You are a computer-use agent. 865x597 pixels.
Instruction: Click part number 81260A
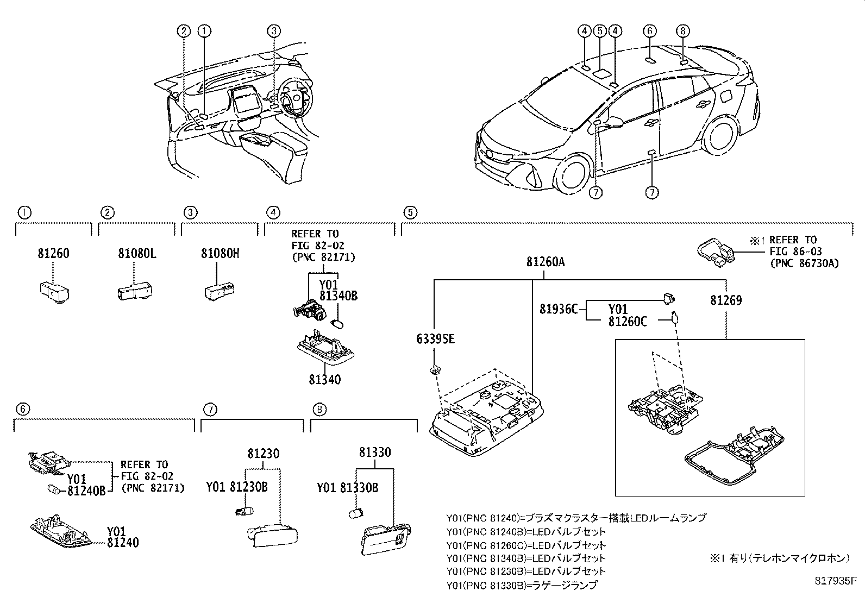click(x=546, y=262)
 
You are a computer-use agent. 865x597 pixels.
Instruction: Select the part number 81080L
click(x=137, y=254)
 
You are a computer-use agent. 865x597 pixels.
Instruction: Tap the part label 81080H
click(x=220, y=254)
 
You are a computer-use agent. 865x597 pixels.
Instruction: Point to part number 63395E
click(x=435, y=339)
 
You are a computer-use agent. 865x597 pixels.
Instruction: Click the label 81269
click(x=726, y=300)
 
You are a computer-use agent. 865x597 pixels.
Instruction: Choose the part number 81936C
click(x=559, y=309)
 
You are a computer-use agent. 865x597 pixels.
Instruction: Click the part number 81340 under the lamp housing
click(x=325, y=380)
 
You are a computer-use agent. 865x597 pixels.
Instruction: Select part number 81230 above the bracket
click(x=264, y=454)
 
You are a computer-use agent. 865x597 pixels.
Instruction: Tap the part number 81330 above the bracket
click(x=375, y=452)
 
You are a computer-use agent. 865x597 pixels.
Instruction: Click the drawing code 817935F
click(x=836, y=581)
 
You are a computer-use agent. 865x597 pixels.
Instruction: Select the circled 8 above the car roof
click(x=683, y=31)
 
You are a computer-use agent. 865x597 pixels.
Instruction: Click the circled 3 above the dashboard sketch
click(x=274, y=31)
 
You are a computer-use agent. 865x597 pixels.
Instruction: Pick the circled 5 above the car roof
click(x=600, y=31)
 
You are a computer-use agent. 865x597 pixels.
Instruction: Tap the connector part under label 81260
click(x=54, y=292)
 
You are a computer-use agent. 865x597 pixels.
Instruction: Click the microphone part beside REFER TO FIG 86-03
click(x=716, y=253)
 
